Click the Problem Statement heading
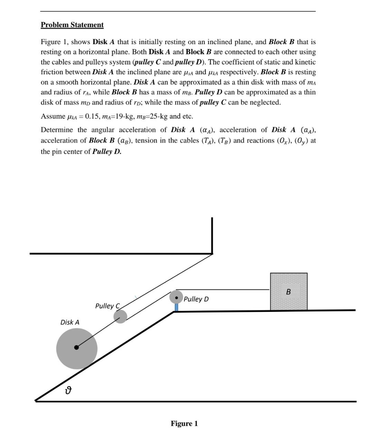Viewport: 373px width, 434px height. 72,25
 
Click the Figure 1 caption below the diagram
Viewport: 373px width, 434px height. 184,423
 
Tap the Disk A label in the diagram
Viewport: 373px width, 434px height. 70,322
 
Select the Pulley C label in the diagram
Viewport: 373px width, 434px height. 107,306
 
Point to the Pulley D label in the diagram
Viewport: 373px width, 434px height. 196,299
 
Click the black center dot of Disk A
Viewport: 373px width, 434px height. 76,347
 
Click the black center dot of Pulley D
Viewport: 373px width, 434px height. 176,297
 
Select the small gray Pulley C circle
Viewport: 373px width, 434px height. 120,316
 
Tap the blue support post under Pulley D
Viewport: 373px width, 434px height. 176,307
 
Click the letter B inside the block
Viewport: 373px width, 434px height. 288,292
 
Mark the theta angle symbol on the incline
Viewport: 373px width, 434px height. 69,391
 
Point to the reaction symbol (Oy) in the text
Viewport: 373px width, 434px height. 302,141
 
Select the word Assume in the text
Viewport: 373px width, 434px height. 53,116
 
